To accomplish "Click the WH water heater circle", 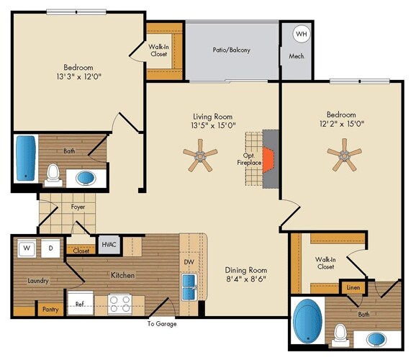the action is pyautogui.click(x=302, y=34).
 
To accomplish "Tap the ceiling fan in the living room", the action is pyautogui.click(x=200, y=156).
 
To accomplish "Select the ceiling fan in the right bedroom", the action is pyautogui.click(x=344, y=155).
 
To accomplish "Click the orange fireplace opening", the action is pyautogui.click(x=268, y=160).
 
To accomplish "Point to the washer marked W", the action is pyautogui.click(x=27, y=248).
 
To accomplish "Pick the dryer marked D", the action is pyautogui.click(x=50, y=248).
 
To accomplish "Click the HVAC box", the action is pyautogui.click(x=109, y=244).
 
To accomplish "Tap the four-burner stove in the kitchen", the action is pyautogui.click(x=119, y=304).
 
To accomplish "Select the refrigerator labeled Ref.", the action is pyautogui.click(x=81, y=303).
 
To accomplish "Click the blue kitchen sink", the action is pyautogui.click(x=189, y=287).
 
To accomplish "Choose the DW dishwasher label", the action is pyautogui.click(x=189, y=262).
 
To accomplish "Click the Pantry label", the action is pyautogui.click(x=50, y=310).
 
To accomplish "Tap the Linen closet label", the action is pyautogui.click(x=353, y=287).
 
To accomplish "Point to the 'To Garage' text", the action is pyautogui.click(x=162, y=323).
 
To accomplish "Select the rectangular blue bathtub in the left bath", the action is pyautogui.click(x=26, y=158).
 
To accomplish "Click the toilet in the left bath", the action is pyautogui.click(x=53, y=175).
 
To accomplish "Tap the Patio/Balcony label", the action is pyautogui.click(x=231, y=50).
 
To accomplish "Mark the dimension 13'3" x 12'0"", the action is pyautogui.click(x=78, y=77).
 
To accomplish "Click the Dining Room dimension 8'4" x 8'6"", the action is pyautogui.click(x=246, y=279).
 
